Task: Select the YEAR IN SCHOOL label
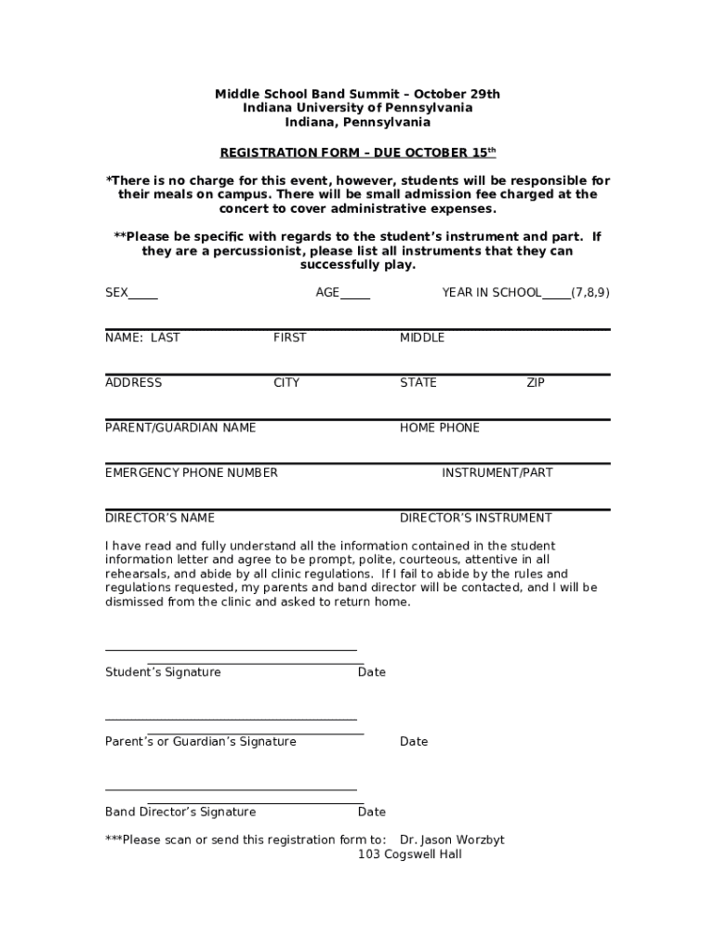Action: [x=491, y=293]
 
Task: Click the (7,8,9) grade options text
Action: [x=590, y=293]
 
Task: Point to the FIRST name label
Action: [x=289, y=337]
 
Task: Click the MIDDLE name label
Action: [x=422, y=337]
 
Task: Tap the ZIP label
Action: [x=536, y=383]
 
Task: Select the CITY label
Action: [x=286, y=383]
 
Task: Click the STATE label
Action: [x=418, y=383]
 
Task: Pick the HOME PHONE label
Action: [x=440, y=428]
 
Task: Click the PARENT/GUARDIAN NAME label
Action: [x=180, y=428]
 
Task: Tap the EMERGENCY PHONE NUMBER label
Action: [x=192, y=473]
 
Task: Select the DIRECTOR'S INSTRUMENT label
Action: [x=476, y=518]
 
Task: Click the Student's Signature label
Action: [x=164, y=672]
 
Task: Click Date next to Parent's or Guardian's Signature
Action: [x=414, y=742]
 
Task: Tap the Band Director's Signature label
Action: [x=180, y=813]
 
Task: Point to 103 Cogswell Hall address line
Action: [x=410, y=854]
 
